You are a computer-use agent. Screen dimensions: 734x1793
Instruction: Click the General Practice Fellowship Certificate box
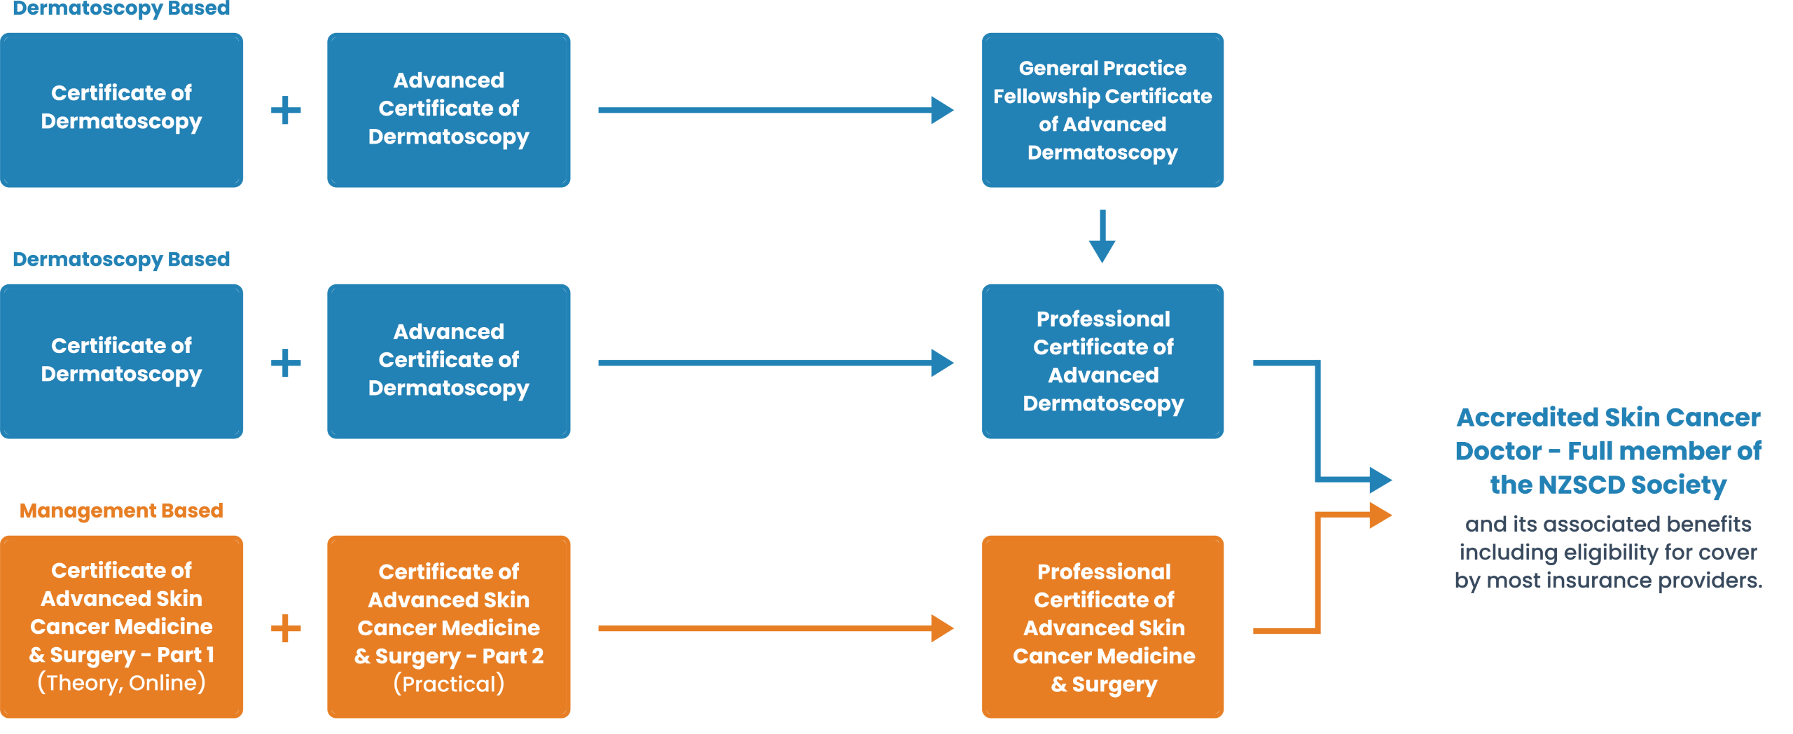(x=1102, y=110)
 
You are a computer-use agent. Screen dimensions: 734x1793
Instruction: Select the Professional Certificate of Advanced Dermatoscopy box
(x=1102, y=361)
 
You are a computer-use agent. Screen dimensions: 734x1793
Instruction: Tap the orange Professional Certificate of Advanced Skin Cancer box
(x=1102, y=627)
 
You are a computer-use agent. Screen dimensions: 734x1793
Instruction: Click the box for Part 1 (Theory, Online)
(x=121, y=627)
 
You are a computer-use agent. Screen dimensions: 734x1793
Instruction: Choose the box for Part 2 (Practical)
(x=448, y=627)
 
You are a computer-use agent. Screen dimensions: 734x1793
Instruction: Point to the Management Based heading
(x=121, y=511)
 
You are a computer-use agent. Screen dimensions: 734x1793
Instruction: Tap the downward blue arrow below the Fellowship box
(x=1102, y=237)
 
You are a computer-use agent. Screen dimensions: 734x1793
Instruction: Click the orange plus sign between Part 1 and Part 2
(x=286, y=628)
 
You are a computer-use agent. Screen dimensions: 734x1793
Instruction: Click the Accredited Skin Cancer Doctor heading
(x=1608, y=450)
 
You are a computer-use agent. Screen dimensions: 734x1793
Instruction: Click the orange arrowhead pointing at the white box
(x=1380, y=515)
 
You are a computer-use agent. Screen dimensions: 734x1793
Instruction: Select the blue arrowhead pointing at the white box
(x=1380, y=480)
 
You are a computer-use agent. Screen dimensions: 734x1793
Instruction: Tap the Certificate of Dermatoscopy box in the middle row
(x=121, y=361)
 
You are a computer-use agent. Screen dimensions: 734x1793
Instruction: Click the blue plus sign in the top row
(x=286, y=110)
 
